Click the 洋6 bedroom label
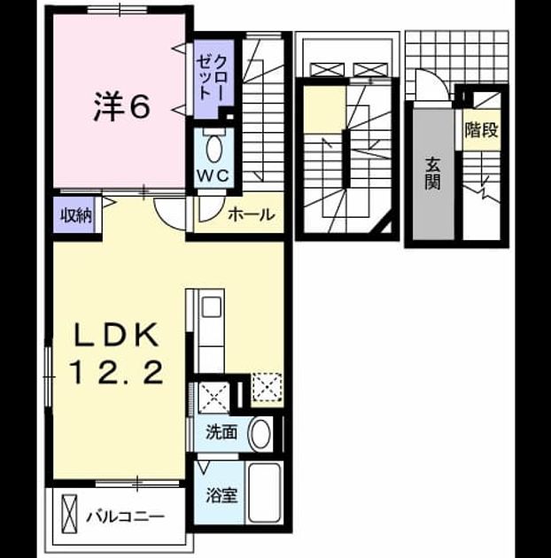(121, 107)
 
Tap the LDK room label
(116, 335)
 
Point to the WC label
(213, 175)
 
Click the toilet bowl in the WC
(213, 150)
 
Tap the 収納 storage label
(76, 215)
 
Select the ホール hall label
(252, 214)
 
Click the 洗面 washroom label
(221, 433)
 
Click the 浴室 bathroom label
(221, 495)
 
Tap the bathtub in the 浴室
(265, 493)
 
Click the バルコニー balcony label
(125, 516)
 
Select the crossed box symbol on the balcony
(69, 514)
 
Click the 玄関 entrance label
(433, 174)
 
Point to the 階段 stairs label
(481, 129)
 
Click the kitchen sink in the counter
(211, 307)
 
